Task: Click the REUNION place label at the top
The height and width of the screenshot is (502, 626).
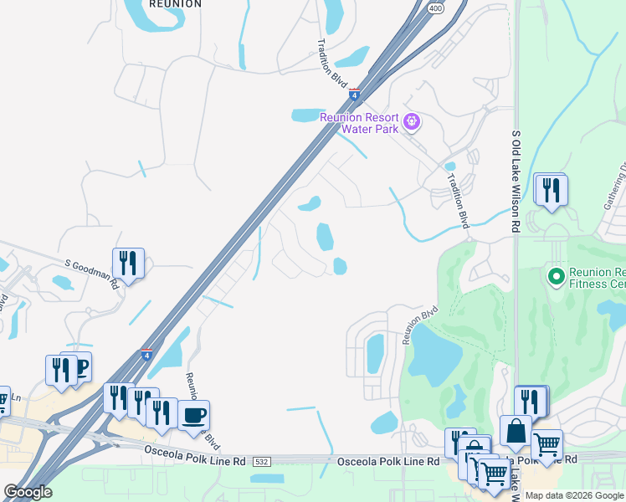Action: (x=175, y=4)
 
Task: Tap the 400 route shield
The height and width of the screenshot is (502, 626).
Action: (x=434, y=8)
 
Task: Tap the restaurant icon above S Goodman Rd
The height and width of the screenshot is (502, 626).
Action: (x=128, y=263)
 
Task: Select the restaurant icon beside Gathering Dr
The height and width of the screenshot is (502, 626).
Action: (x=551, y=189)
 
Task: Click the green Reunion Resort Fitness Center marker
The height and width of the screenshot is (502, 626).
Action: (x=554, y=275)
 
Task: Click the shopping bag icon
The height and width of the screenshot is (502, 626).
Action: (x=516, y=432)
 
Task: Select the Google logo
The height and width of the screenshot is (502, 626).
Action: (x=28, y=492)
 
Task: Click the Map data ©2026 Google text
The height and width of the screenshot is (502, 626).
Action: (x=574, y=495)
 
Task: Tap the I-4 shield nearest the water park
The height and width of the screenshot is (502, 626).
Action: (x=355, y=95)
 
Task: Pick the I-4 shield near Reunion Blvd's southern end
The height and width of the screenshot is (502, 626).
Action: (x=146, y=355)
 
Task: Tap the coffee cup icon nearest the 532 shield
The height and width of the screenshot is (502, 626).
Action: (x=193, y=415)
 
